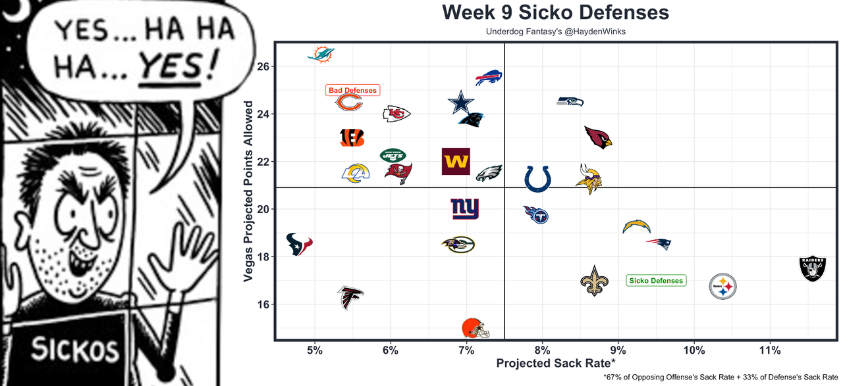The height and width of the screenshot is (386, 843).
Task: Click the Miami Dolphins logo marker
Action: tap(321, 55)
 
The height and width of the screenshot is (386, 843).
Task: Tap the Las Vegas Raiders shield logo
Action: tap(812, 268)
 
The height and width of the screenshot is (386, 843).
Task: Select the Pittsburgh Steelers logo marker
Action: tap(722, 287)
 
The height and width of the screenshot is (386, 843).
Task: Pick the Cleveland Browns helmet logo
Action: tap(475, 327)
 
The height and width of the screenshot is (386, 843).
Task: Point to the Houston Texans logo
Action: tap(298, 244)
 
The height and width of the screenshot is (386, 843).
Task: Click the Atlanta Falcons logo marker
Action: tap(350, 297)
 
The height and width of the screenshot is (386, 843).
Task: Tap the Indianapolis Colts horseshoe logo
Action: tap(537, 179)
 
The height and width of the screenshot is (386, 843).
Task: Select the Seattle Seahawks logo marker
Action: tap(570, 101)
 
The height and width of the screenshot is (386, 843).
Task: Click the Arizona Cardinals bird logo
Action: tap(598, 137)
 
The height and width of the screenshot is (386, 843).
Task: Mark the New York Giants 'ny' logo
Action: tap(465, 209)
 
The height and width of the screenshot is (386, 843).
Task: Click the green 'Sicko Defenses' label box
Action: tap(656, 281)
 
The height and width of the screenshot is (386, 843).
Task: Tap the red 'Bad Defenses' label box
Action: tap(353, 90)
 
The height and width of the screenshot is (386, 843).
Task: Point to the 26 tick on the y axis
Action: tap(262, 66)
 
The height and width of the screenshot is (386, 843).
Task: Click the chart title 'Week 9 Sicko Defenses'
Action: tap(555, 12)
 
